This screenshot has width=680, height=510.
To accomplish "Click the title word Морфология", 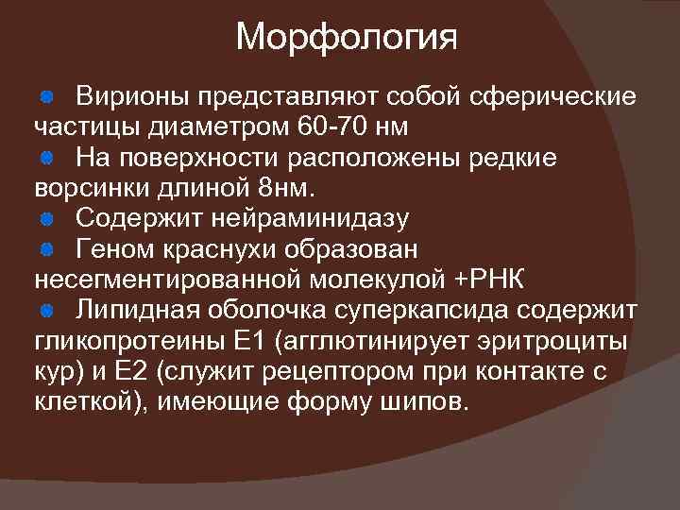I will [x=347, y=38].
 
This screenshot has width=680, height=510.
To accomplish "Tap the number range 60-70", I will [x=330, y=126].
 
